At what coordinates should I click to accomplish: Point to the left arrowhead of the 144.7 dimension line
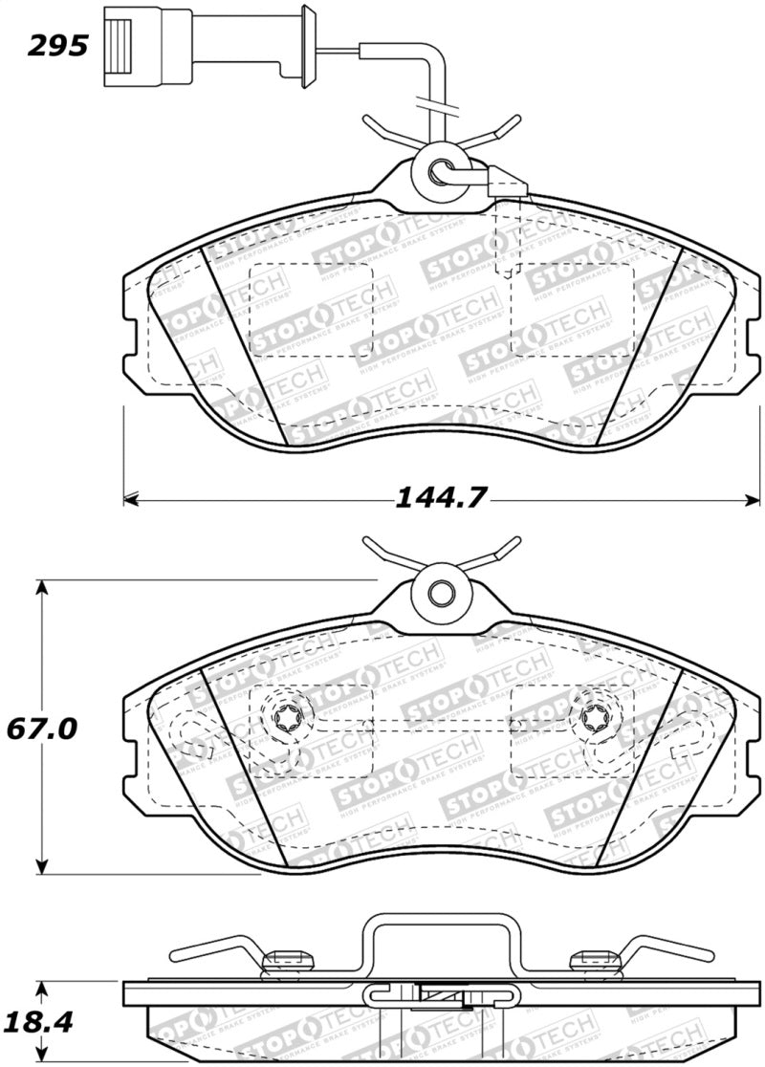pos(132,498)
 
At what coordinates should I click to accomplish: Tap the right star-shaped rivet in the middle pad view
pos(590,718)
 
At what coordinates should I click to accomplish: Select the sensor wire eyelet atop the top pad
pos(442,173)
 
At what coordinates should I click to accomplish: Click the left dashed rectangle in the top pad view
pos(310,307)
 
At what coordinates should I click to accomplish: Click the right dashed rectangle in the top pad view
pos(573,307)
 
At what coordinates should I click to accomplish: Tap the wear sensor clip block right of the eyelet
pos(506,181)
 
